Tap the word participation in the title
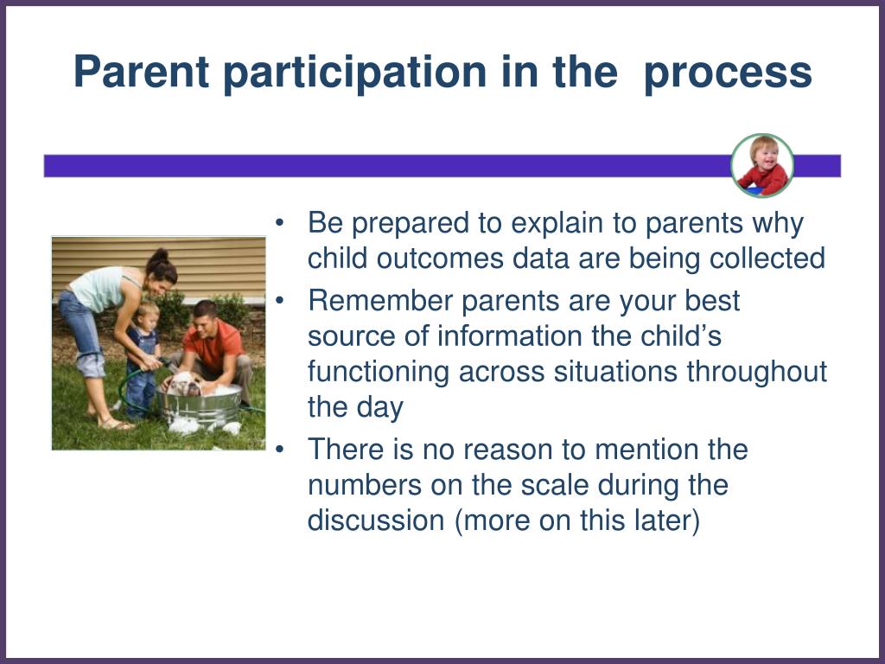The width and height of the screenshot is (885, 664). click(355, 73)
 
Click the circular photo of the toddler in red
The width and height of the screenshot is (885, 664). click(762, 165)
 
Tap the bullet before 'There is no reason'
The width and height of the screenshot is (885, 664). click(279, 450)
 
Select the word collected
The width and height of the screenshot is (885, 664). click(767, 258)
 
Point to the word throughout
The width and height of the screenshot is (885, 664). click(756, 373)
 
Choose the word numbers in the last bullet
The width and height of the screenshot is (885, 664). click(365, 486)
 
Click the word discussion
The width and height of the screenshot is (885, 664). click(376, 520)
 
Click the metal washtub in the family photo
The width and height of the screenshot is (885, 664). click(200, 405)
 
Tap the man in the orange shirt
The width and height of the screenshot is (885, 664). click(213, 351)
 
